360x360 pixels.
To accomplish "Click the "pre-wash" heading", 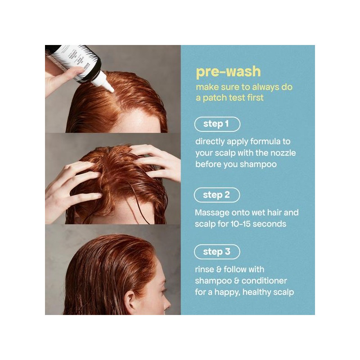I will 228,72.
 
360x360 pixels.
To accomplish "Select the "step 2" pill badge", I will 217,195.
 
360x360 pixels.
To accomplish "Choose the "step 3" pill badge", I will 217,252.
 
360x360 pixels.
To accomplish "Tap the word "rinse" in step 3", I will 205,270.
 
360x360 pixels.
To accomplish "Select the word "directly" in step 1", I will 211,141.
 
